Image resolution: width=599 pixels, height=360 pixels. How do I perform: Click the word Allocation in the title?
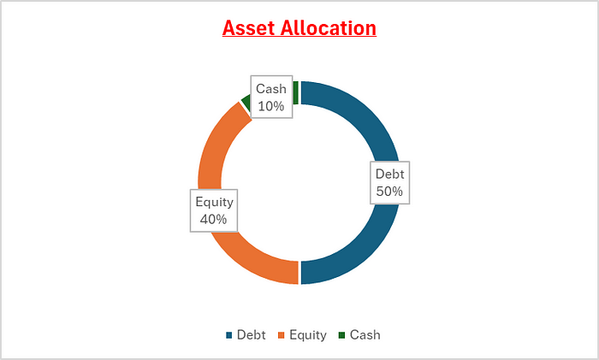[328, 28]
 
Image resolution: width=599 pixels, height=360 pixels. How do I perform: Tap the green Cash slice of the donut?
[295, 92]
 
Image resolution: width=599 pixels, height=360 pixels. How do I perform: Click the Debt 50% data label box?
[389, 182]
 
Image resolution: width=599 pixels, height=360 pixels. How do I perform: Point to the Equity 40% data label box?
[214, 210]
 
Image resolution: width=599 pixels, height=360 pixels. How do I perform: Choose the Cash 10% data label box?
[271, 97]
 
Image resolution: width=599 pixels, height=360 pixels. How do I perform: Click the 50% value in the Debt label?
[389, 192]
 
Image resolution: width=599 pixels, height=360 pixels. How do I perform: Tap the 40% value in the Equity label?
[213, 219]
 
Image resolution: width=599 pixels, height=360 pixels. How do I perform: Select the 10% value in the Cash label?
[271, 106]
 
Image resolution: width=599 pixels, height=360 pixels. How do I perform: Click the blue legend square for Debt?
[229, 335]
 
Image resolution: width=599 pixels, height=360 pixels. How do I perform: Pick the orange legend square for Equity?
[282, 335]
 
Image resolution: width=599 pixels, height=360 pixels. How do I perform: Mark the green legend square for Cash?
[342, 335]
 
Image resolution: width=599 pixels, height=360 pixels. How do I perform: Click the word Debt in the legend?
[252, 335]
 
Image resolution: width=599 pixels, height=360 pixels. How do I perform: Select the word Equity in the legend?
[308, 335]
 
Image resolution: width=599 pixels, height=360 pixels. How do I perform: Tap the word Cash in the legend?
[365, 335]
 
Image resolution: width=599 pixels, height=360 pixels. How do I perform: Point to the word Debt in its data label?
[389, 174]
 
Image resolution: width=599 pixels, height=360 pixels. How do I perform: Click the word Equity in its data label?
[214, 203]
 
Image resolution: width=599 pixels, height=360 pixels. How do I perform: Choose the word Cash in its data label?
[271, 89]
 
